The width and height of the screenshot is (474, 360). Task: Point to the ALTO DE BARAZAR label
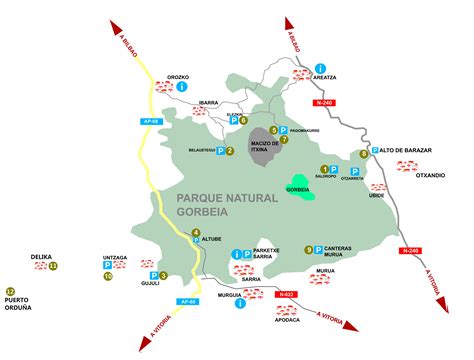pos(406,150)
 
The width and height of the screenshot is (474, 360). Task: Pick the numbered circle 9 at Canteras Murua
pos(309,249)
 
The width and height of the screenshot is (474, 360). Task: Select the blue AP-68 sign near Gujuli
pos(186,302)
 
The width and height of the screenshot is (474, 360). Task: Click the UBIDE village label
pos(376,196)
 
